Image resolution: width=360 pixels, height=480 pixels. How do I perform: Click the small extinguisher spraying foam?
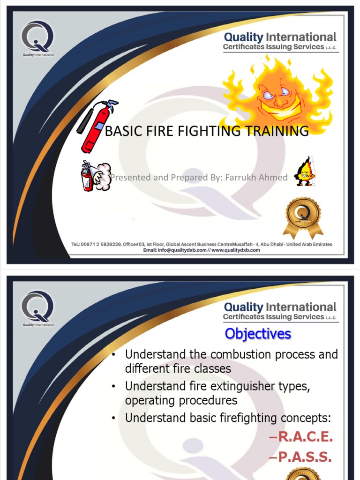point(95,175)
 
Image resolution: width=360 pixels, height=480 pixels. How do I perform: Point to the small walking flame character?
point(305,172)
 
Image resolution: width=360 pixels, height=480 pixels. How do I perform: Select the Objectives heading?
point(257,334)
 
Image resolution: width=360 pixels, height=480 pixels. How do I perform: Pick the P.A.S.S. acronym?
point(300,457)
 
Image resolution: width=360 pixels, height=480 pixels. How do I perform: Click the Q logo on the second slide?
point(37,307)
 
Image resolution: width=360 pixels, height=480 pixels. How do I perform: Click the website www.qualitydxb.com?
point(236,250)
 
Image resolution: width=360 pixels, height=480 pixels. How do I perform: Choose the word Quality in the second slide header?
point(243,307)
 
